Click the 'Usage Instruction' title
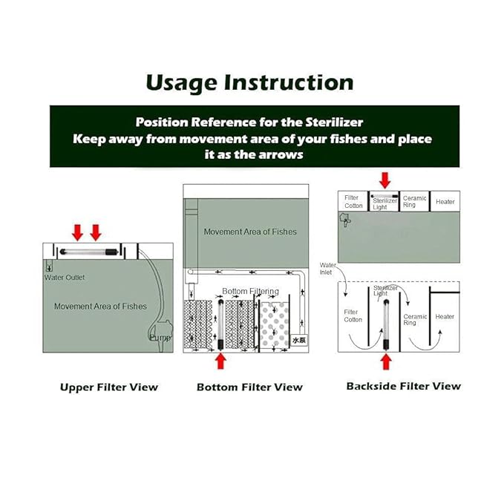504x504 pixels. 249,83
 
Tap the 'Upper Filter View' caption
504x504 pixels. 109,387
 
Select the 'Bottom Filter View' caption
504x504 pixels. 249,387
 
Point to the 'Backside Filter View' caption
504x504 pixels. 403,386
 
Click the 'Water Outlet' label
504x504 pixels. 65,278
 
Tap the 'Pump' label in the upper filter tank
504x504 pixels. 160,338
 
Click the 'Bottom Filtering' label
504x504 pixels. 250,291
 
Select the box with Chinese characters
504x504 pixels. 299,340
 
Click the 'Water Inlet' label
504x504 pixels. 327,269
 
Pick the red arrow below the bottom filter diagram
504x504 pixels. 220,361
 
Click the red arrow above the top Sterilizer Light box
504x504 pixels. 384,180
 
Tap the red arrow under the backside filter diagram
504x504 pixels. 386,361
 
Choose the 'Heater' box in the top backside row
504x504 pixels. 445,201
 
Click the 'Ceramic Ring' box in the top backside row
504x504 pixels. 414,201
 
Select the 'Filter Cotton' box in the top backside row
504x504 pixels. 353,201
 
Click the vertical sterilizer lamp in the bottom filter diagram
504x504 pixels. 220,324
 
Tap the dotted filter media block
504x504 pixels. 274,325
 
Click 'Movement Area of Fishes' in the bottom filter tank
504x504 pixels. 250,232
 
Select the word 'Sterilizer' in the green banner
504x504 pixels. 334,122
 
